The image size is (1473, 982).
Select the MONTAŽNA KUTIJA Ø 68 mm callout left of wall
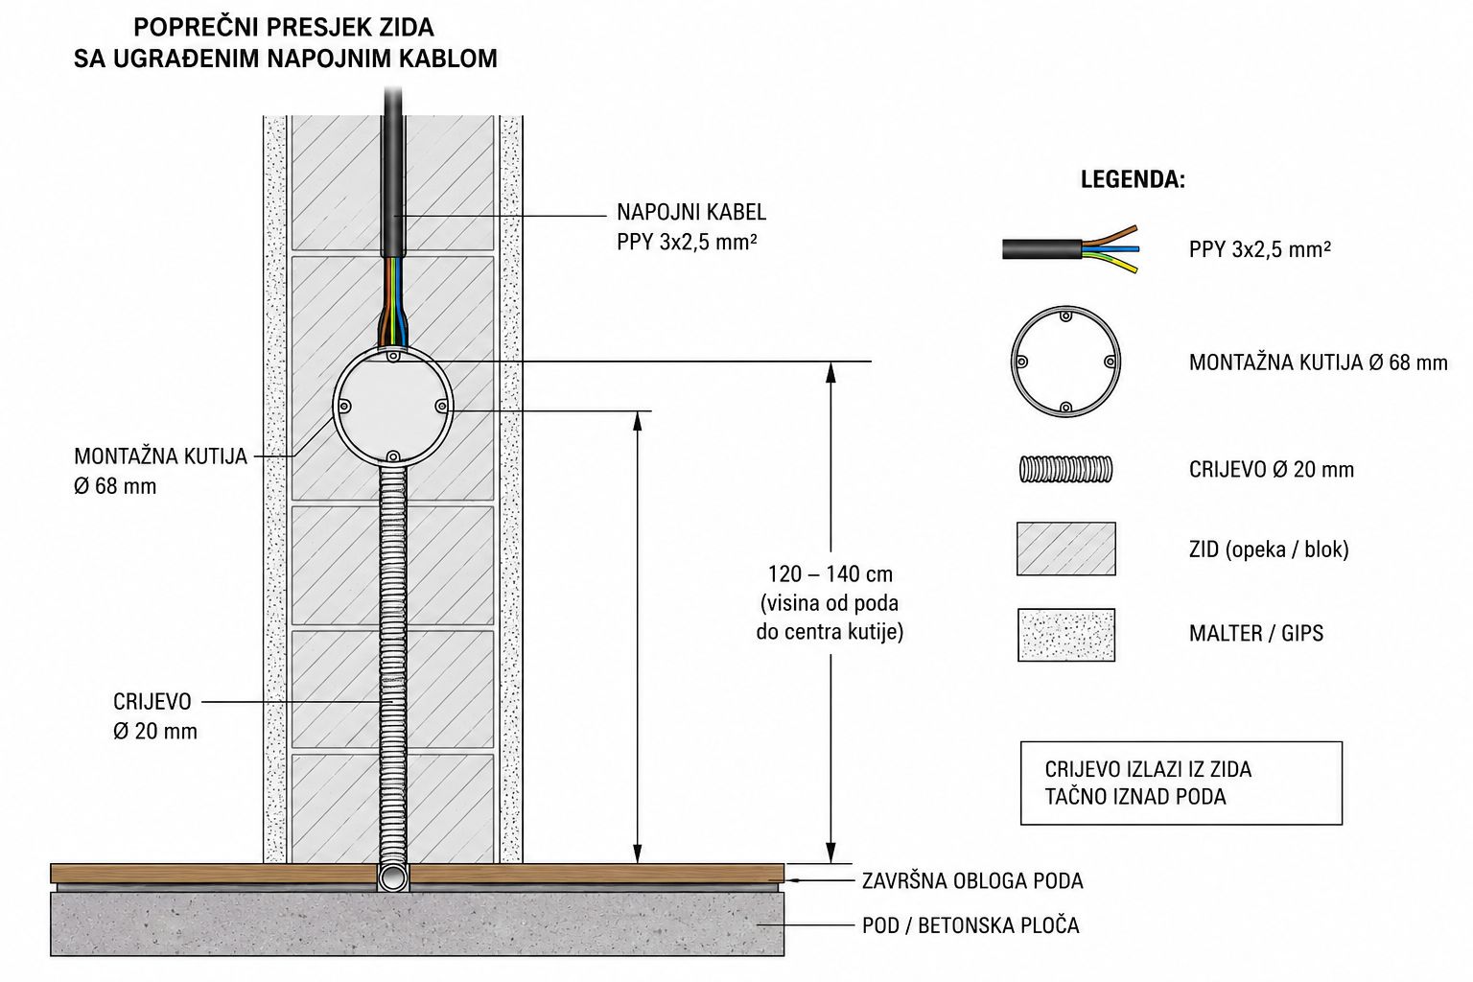click(160, 471)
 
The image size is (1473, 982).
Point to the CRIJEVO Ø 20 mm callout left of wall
click(155, 716)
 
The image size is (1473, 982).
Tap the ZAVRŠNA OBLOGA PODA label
click(972, 880)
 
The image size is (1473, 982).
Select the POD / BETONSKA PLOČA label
click(970, 925)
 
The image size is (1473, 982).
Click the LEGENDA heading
click(1133, 179)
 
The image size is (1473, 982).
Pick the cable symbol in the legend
click(1070, 249)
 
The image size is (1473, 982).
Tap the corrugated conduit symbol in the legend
click(1066, 470)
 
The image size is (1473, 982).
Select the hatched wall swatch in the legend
click(1066, 549)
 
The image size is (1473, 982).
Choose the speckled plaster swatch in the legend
click(1066, 635)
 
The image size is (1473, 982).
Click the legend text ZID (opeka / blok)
click(1269, 549)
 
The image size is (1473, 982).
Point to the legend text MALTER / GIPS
click(1256, 633)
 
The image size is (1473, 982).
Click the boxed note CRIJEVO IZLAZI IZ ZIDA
click(1181, 783)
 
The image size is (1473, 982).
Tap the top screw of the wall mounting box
click(392, 357)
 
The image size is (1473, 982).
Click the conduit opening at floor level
click(393, 877)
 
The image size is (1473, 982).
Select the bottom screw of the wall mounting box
click(392, 456)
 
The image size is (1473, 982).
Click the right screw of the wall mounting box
click(442, 407)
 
